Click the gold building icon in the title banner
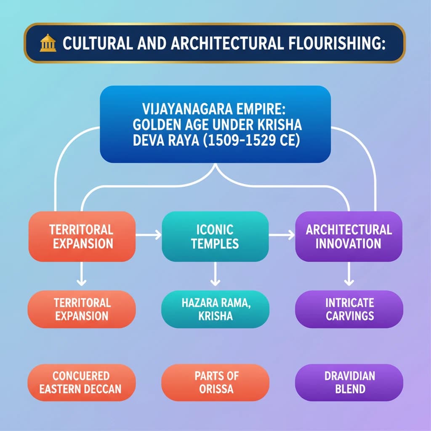point(48,43)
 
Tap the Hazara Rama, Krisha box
point(215,309)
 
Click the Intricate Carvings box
point(349,309)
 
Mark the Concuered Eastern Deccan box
point(81,382)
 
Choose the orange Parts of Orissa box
point(215,382)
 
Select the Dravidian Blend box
point(349,382)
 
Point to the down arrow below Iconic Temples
point(215,278)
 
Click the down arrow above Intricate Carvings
point(349,278)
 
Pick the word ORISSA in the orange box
point(215,388)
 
